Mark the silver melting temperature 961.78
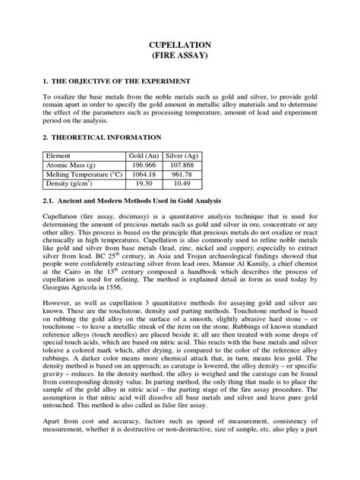tap(182, 173)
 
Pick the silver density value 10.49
tap(182, 184)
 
